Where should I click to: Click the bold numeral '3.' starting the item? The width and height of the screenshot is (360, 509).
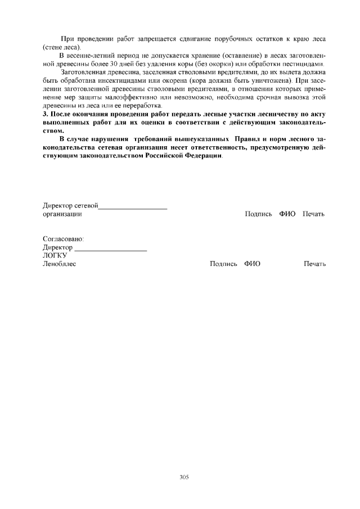pyautogui.click(x=46, y=114)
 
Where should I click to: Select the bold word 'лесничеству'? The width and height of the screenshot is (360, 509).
pyautogui.click(x=280, y=114)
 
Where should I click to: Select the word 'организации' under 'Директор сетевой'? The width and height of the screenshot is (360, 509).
pyautogui.click(x=62, y=214)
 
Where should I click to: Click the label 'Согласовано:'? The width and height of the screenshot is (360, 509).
pyautogui.click(x=63, y=239)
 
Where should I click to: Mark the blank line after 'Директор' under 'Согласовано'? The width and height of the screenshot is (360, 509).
pyautogui.click(x=111, y=249)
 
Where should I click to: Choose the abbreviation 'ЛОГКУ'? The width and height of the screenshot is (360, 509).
pyautogui.click(x=55, y=255)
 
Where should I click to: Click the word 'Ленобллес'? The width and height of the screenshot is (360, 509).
pyautogui.click(x=59, y=264)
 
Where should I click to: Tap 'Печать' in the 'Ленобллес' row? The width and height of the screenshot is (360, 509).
pyautogui.click(x=314, y=264)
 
